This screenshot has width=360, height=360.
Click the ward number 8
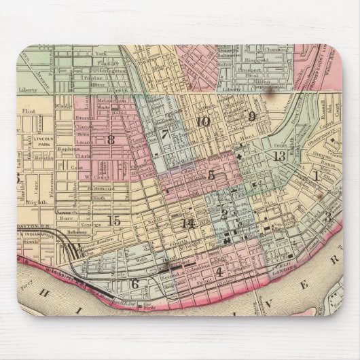(109, 140)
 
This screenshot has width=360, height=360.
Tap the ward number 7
(164, 134)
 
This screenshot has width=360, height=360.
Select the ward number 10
(202, 122)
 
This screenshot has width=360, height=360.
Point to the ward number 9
(251, 116)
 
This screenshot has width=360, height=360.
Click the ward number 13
(278, 156)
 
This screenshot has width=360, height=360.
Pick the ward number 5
(211, 175)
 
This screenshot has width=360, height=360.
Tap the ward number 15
(114, 220)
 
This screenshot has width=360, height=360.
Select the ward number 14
(188, 223)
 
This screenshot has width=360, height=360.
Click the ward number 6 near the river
(134, 284)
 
